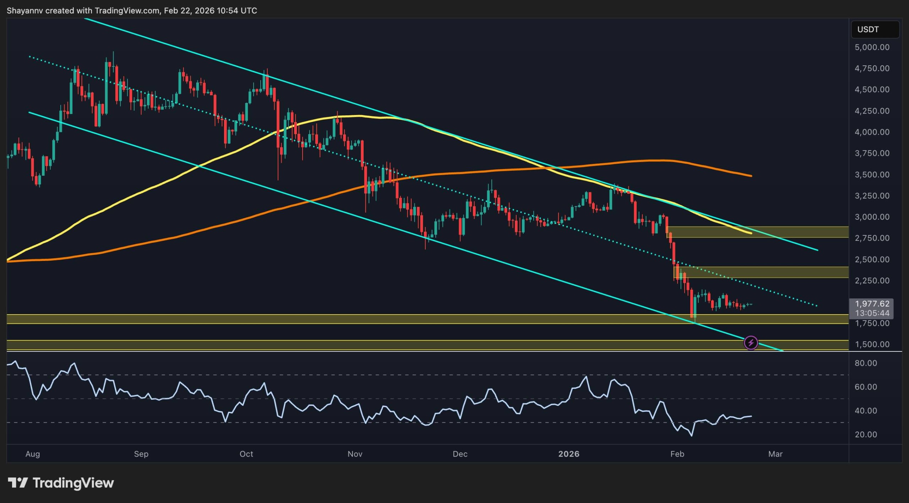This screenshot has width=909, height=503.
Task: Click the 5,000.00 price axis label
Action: click(x=872, y=47)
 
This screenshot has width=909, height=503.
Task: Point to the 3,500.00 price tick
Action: click(x=872, y=175)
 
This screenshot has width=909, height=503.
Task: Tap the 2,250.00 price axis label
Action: click(x=872, y=281)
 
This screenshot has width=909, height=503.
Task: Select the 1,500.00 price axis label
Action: click(x=872, y=344)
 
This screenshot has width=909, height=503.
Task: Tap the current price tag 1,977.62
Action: click(x=872, y=304)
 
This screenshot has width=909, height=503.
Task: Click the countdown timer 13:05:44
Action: click(x=872, y=313)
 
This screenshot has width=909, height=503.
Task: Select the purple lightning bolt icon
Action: click(x=751, y=343)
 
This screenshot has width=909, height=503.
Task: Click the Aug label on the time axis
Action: click(x=33, y=454)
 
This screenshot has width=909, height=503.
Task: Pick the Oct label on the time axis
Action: click(x=246, y=454)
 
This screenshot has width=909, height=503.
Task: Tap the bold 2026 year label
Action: click(x=568, y=454)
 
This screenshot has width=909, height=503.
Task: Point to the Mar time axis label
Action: click(x=775, y=454)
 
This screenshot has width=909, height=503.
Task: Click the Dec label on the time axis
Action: click(x=460, y=454)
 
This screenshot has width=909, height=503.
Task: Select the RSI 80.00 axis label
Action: click(x=866, y=363)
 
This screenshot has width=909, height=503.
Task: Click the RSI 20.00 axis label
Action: click(x=866, y=434)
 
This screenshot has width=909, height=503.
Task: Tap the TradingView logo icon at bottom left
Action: click(x=18, y=483)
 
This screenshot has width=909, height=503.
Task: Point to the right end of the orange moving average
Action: click(x=751, y=176)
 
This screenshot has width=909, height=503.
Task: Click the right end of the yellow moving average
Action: click(x=751, y=233)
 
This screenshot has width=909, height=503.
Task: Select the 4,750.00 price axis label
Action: click(x=872, y=69)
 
